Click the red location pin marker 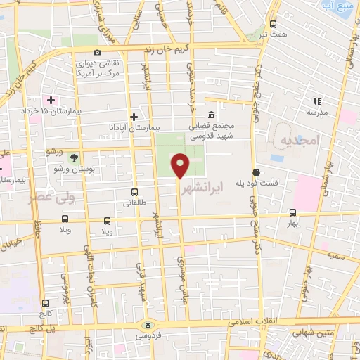(x=181, y=166)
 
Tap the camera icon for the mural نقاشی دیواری (x=97, y=52)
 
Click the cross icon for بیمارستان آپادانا (x=134, y=117)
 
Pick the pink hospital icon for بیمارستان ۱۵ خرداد (x=51, y=99)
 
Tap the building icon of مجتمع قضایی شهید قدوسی (x=211, y=115)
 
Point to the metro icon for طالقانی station (x=134, y=191)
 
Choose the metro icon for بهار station (x=292, y=212)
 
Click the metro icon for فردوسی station (x=147, y=324)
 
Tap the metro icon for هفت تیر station (x=274, y=23)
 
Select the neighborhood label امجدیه (x=300, y=141)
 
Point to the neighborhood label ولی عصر (x=46, y=198)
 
